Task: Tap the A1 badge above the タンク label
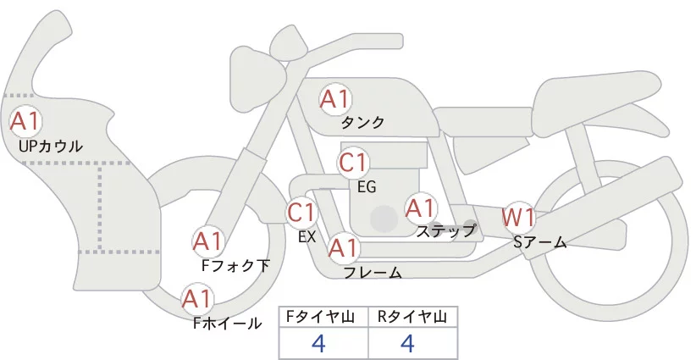tap(334, 99)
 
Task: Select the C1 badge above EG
tap(353, 162)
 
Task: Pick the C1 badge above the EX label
tap(301, 212)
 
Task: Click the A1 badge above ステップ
tap(421, 208)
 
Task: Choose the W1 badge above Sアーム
tap(518, 218)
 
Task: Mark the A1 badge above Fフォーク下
tap(207, 242)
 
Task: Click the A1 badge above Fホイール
tap(197, 299)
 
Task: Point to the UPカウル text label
tap(50, 147)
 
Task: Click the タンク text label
tap(362, 123)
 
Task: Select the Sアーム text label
tap(539, 242)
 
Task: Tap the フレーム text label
tap(373, 272)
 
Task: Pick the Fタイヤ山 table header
tap(323, 317)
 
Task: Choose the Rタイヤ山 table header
tap(412, 317)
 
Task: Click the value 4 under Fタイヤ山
tap(319, 343)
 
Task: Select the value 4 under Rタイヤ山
tap(407, 343)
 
